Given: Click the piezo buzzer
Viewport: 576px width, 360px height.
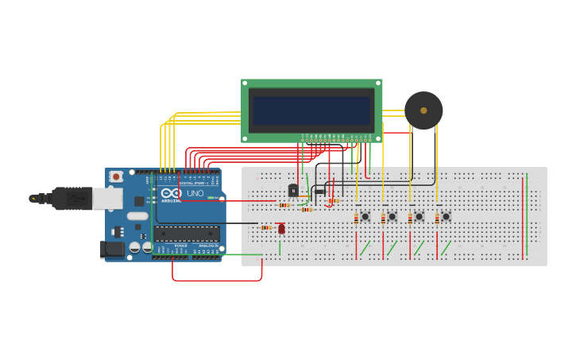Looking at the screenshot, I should (x=423, y=110).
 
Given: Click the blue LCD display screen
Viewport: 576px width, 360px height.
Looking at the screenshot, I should (x=311, y=110).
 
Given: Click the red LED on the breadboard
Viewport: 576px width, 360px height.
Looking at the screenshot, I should (x=281, y=228).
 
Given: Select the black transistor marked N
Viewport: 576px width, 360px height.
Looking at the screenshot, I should (x=293, y=191).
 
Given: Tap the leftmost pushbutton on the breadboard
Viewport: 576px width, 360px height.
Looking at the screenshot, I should (x=365, y=216).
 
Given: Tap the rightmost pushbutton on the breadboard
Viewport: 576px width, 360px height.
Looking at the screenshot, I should (x=446, y=216).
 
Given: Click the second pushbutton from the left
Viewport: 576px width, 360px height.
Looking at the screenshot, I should (x=392, y=216).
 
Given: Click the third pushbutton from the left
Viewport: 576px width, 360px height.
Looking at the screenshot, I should (x=419, y=216).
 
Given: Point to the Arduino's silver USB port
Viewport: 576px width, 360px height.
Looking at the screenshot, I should (x=107, y=198).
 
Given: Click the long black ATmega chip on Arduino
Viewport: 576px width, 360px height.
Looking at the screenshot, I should (x=187, y=233).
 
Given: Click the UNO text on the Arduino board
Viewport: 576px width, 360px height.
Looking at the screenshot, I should (x=195, y=193).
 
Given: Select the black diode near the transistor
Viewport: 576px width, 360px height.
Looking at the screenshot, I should (x=320, y=191).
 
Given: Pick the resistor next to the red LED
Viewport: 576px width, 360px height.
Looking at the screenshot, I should (x=266, y=228).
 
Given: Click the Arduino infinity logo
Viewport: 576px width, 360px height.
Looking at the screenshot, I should (x=171, y=192).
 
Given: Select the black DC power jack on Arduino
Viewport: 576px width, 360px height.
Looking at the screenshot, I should (x=114, y=250).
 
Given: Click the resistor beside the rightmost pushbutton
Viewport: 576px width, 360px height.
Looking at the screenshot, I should (x=436, y=219).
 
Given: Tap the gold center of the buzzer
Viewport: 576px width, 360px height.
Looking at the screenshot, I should (x=423, y=110).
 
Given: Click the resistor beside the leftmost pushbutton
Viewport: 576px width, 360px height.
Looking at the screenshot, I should (x=356, y=219).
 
